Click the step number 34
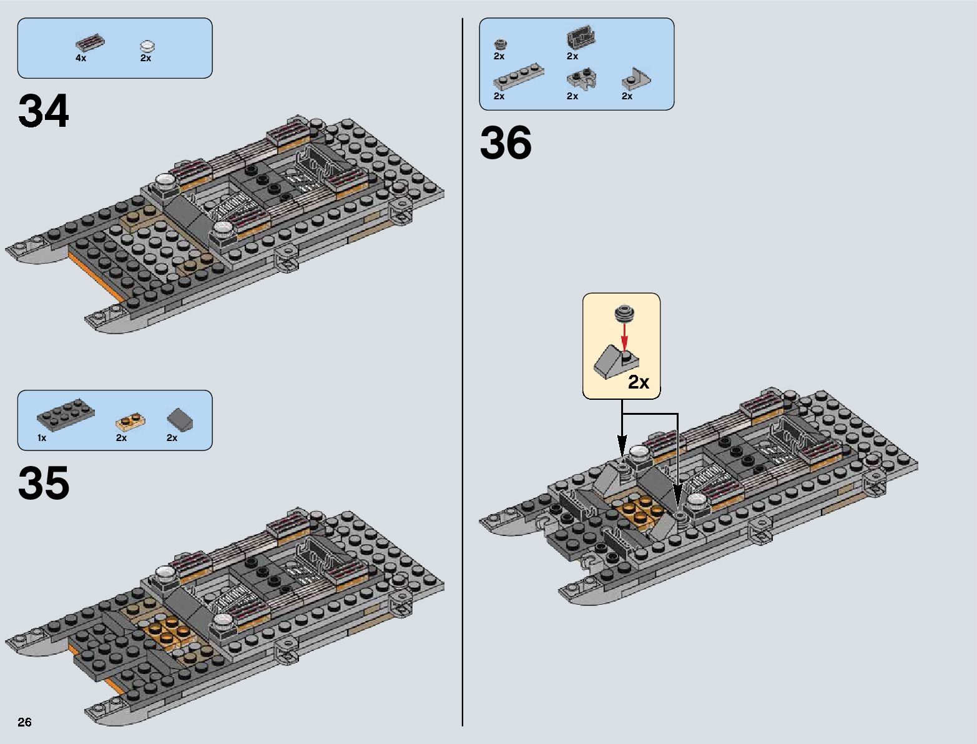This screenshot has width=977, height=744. (x=44, y=112)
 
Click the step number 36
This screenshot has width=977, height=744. (x=506, y=143)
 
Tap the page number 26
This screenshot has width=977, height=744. (x=24, y=722)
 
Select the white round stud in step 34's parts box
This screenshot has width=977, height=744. (x=147, y=46)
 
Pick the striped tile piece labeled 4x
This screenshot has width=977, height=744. (x=89, y=43)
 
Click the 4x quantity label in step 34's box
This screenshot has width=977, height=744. (x=81, y=58)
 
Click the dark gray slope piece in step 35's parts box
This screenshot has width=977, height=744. (x=180, y=419)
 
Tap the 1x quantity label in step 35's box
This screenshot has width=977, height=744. (x=42, y=438)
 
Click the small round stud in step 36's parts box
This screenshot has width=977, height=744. (x=499, y=44)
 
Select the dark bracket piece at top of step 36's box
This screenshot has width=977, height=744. (x=581, y=39)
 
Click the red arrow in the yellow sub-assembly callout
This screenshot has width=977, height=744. (x=622, y=337)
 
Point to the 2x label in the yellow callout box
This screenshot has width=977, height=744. (x=639, y=382)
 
